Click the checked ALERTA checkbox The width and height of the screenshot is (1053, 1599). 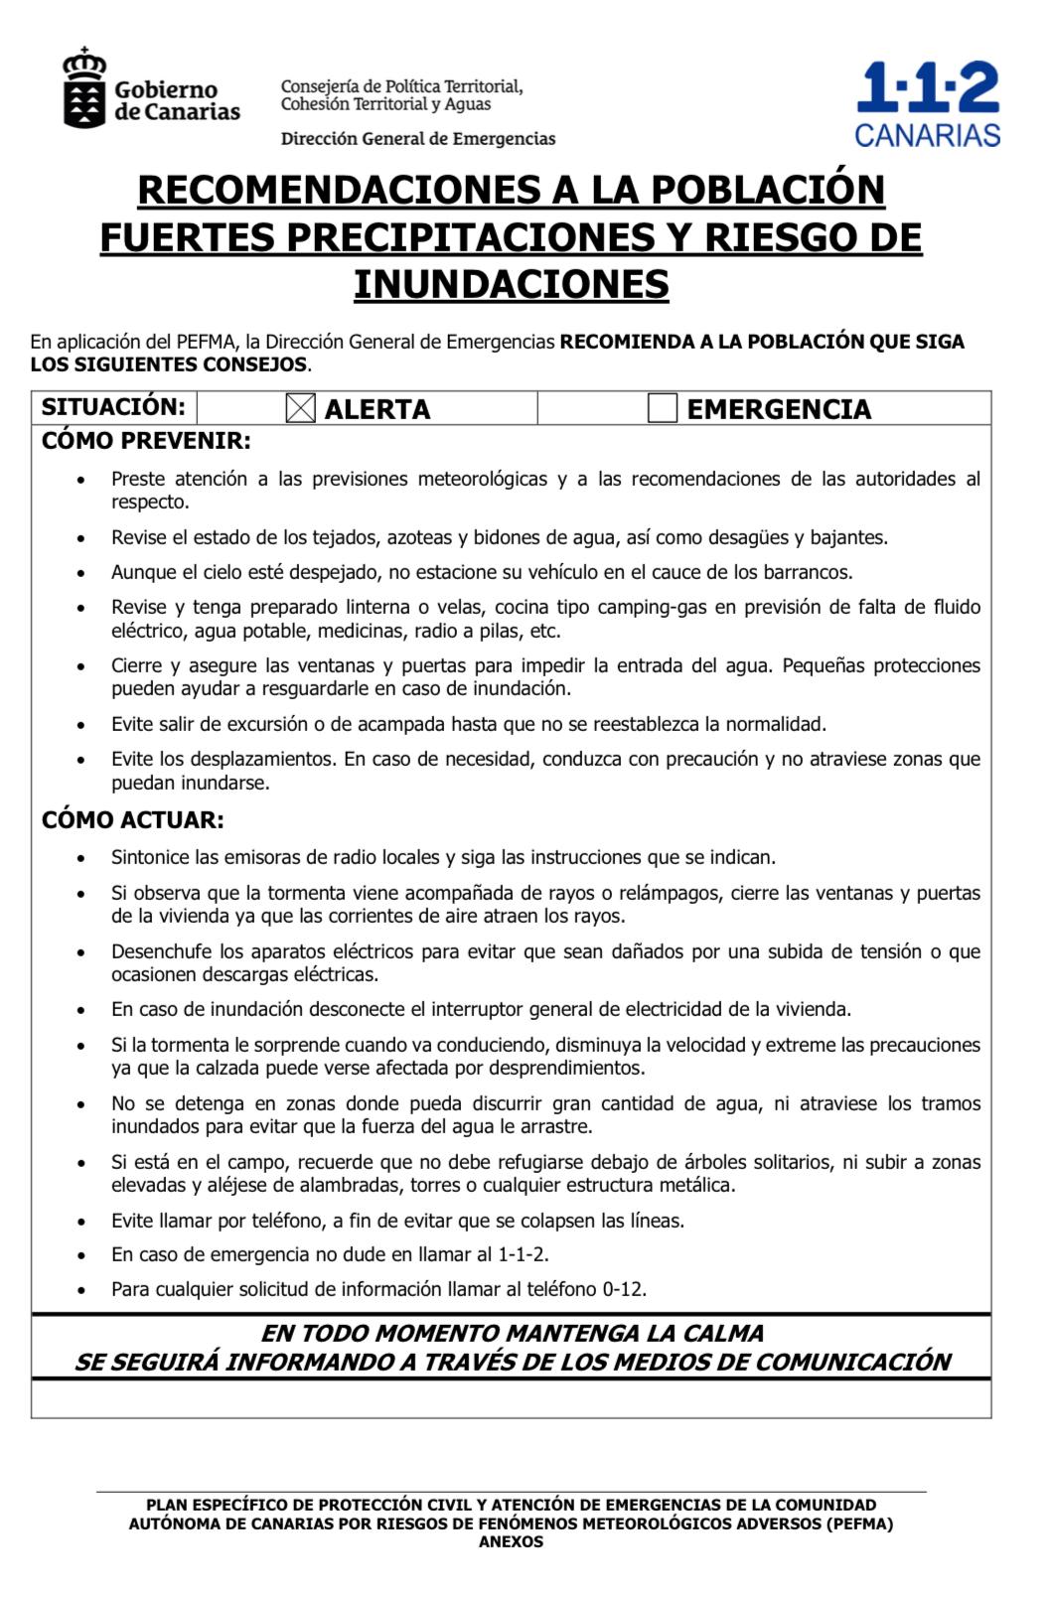tap(300, 409)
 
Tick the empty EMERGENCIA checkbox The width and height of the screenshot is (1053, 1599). tap(662, 408)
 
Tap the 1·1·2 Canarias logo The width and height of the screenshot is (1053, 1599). tap(927, 104)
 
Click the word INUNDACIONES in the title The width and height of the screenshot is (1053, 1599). tap(512, 285)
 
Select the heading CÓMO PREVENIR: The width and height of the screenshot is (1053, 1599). tap(146, 440)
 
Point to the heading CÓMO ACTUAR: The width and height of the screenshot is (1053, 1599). tap(133, 820)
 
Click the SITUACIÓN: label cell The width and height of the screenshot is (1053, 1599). tap(113, 407)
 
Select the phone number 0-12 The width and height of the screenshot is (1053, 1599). tap(623, 1290)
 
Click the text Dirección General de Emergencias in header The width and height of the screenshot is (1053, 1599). tap(418, 139)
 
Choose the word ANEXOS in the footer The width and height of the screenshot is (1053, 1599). tap(511, 1542)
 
